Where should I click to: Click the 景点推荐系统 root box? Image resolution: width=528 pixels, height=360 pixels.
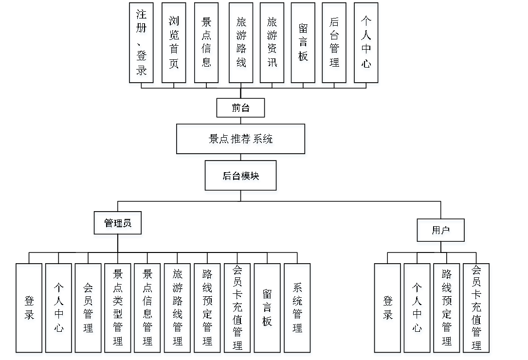click(241, 141)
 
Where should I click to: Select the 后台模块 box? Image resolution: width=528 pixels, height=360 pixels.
click(241, 178)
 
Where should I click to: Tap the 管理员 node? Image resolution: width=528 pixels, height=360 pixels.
click(118, 225)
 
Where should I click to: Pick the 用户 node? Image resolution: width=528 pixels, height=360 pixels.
click(441, 232)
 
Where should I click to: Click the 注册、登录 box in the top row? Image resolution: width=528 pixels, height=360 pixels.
click(142, 45)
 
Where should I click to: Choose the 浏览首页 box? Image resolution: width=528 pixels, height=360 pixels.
click(174, 45)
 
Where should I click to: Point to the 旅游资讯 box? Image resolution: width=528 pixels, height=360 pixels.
click(273, 45)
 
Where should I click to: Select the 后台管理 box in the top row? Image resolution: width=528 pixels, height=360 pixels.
click(335, 45)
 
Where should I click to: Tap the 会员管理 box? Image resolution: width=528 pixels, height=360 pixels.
click(89, 309)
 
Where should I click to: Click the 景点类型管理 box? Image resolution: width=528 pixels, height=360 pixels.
click(118, 309)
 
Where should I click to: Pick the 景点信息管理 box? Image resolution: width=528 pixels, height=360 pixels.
click(147, 309)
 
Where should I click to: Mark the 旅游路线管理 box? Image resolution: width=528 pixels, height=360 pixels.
click(178, 309)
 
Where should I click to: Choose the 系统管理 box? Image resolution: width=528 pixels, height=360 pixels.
click(297, 309)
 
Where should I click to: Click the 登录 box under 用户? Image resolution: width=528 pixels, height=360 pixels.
click(387, 309)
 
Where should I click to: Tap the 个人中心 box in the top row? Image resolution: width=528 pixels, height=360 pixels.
click(366, 45)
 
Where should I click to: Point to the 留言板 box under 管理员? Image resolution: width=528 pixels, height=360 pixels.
click(267, 309)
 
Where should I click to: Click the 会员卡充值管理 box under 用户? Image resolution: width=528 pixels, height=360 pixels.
click(477, 309)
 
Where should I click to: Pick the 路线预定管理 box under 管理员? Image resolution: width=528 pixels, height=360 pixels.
click(207, 309)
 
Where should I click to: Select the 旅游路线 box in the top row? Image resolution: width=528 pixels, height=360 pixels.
click(241, 45)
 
